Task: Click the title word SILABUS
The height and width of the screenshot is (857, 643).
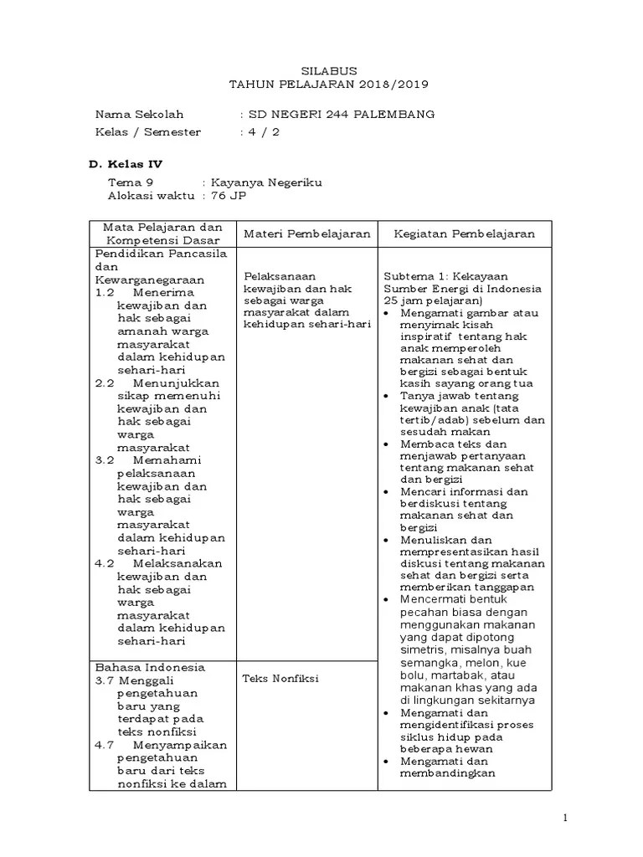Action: click(x=322, y=72)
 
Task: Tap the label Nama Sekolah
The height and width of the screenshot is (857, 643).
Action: click(x=139, y=115)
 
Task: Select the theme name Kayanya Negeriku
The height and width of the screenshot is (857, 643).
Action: click(x=266, y=182)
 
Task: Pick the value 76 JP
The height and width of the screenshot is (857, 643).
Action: click(x=229, y=196)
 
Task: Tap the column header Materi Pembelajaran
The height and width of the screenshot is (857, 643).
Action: click(x=306, y=235)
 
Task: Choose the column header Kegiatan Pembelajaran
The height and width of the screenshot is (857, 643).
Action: click(x=464, y=235)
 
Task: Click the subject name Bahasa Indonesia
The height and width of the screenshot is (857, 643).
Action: click(x=150, y=668)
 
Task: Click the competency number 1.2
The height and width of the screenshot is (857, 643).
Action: click(x=104, y=293)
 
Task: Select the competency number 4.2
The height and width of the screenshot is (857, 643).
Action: click(x=104, y=563)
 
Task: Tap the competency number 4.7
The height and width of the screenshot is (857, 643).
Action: click(x=104, y=745)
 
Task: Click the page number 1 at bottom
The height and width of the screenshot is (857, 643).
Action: click(x=564, y=818)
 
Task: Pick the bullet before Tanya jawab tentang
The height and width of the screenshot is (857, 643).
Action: click(x=386, y=395)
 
